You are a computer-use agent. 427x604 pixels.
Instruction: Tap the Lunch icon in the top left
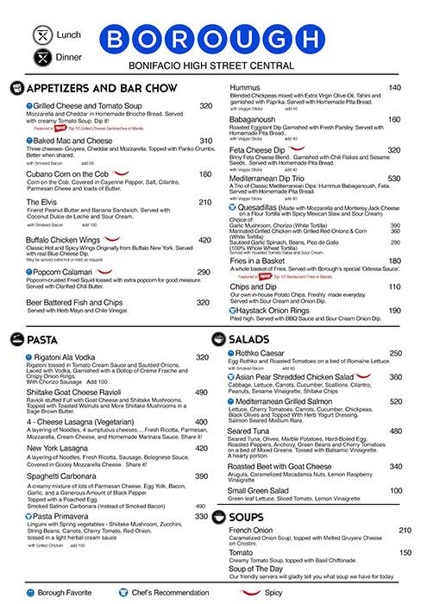[x=21, y=35]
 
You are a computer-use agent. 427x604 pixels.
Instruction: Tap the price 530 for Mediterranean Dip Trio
[x=393, y=179]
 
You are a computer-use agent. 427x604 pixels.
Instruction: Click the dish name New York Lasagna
[x=64, y=449]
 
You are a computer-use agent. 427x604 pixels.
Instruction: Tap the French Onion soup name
[x=254, y=530]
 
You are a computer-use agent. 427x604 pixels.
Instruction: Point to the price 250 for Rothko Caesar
[x=395, y=353]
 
